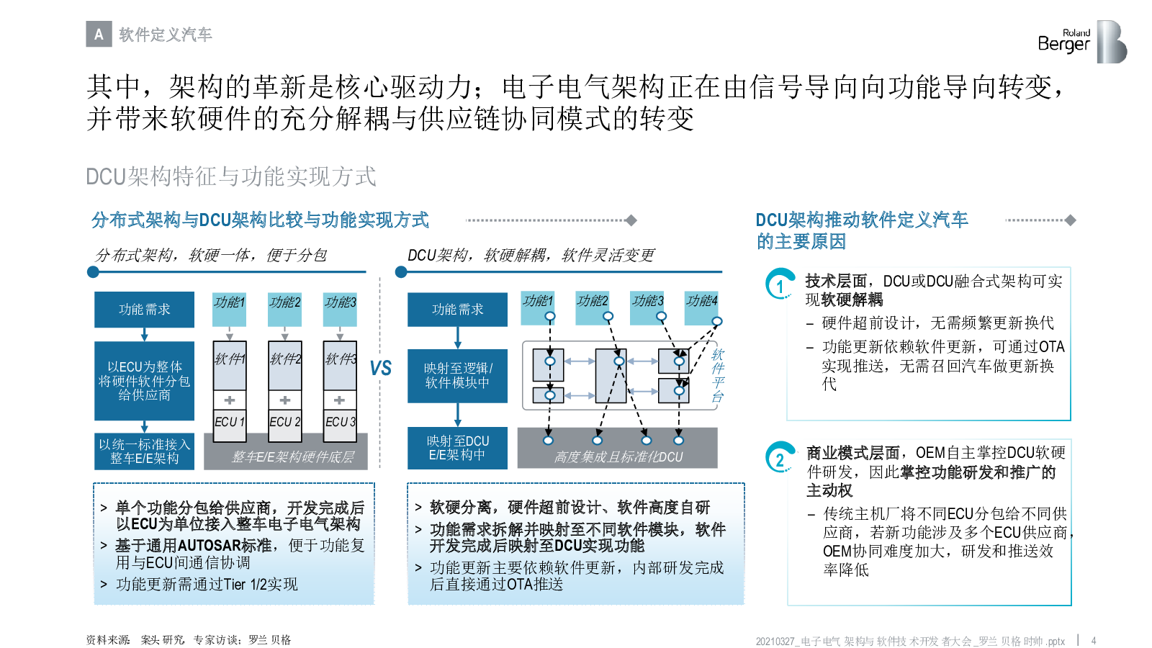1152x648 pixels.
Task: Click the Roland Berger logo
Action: pyautogui.click(x=1083, y=42)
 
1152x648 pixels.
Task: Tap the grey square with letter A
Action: pyautogui.click(x=99, y=34)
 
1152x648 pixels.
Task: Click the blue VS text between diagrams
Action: pyautogui.click(x=381, y=368)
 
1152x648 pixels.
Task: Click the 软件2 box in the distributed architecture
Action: pyautogui.click(x=285, y=366)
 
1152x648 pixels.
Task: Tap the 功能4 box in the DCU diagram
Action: pyautogui.click(x=701, y=307)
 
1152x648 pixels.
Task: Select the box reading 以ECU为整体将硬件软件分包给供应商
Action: pyautogui.click(x=145, y=381)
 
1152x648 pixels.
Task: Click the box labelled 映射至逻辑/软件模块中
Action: pyautogui.click(x=458, y=376)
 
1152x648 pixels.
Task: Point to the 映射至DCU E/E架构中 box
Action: pyautogui.click(x=458, y=448)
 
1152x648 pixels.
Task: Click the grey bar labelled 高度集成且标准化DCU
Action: pyautogui.click(x=618, y=448)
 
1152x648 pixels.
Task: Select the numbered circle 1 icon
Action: pyautogui.click(x=780, y=284)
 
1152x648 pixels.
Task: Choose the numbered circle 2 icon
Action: pyautogui.click(x=780, y=457)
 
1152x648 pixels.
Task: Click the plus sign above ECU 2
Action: pyautogui.click(x=285, y=400)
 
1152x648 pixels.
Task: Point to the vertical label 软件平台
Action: pyautogui.click(x=717, y=375)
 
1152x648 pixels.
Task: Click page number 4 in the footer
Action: pyautogui.click(x=1094, y=641)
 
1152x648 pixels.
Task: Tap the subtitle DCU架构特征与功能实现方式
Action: pyautogui.click(x=231, y=176)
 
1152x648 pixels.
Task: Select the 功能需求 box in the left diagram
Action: pyautogui.click(x=145, y=310)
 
